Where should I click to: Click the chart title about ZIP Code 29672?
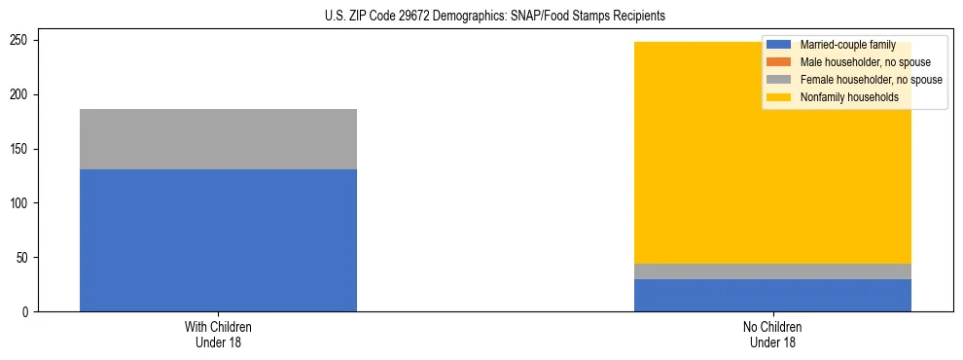(495, 17)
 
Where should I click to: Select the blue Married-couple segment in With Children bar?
(218, 240)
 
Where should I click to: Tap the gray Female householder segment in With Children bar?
(218, 139)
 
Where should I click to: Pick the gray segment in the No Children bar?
(772, 271)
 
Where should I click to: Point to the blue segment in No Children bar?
(772, 296)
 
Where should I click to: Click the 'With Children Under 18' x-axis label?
(218, 334)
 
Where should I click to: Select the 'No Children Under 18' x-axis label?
(772, 334)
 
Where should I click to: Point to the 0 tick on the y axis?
(28, 312)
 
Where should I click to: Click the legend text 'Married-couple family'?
(847, 45)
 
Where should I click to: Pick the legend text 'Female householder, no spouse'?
(871, 80)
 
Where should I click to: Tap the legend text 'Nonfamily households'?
(848, 97)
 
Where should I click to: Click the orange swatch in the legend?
(779, 62)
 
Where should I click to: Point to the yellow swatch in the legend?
(779, 97)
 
